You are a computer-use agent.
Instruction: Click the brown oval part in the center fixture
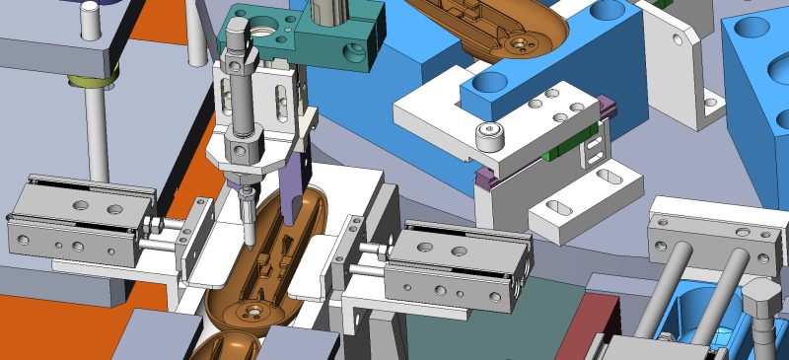coord(266,261)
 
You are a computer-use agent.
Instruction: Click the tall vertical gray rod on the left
coord(98,138)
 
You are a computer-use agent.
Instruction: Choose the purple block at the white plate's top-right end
coord(607,105)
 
